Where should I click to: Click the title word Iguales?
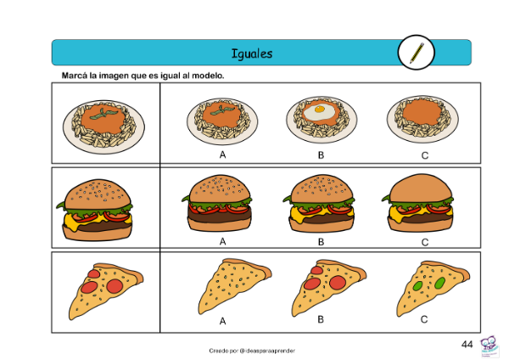tap(252, 53)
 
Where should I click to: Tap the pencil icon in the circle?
tap(417, 53)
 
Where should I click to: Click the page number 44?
tap(467, 345)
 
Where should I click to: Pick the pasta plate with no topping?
tap(422, 119)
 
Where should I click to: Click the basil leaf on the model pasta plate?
tap(103, 114)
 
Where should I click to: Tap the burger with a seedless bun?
tap(419, 203)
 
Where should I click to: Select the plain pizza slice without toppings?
tap(234, 286)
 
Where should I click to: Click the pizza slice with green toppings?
tap(433, 289)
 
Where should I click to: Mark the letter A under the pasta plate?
tap(222, 155)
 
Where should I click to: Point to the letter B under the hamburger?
tap(321, 242)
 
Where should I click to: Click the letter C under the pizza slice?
tap(424, 320)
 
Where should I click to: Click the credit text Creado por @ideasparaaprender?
tap(252, 351)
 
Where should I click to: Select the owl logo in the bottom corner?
tap(489, 347)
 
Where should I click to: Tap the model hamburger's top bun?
tap(98, 195)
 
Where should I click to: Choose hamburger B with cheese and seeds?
tap(320, 204)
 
